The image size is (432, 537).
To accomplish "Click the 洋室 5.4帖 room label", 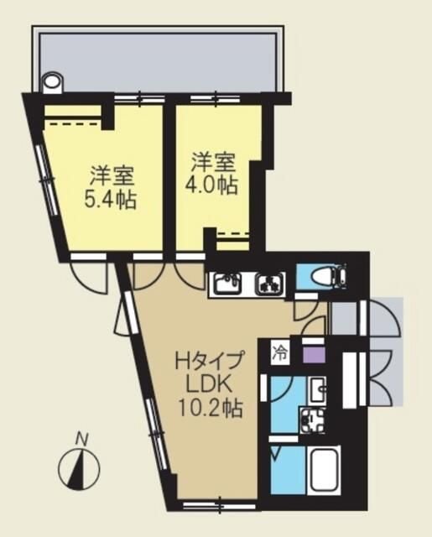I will pyautogui.click(x=111, y=190).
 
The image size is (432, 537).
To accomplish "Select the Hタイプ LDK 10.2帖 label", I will pyautogui.click(x=209, y=386).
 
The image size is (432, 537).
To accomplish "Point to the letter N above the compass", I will pyautogui.click(x=81, y=438).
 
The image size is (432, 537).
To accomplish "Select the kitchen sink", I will pyautogui.click(x=226, y=285).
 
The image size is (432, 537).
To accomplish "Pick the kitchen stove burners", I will pyautogui.click(x=270, y=285).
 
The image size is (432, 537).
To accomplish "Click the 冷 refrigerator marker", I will pyautogui.click(x=278, y=354).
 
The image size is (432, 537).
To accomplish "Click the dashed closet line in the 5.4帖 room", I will pyautogui.click(x=71, y=124).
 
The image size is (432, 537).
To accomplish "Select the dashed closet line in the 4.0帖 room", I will pyautogui.click(x=232, y=233).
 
